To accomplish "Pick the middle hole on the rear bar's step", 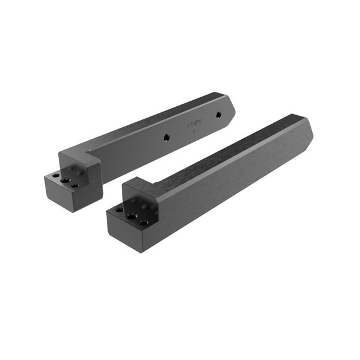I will (x=65, y=180).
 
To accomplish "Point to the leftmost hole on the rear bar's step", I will (x=56, y=176).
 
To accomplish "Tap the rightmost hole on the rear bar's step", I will (x=75, y=185).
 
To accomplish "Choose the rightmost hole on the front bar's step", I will (x=144, y=222).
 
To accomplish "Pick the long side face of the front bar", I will (x=234, y=174).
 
